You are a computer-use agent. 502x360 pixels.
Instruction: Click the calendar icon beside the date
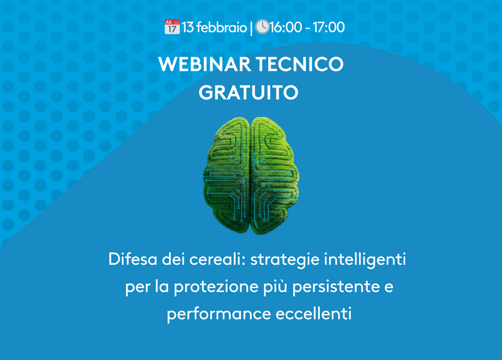click(172, 27)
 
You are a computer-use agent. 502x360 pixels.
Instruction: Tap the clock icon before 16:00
click(262, 27)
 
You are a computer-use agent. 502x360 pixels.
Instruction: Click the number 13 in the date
click(188, 27)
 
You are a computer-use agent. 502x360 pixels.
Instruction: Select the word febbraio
click(221, 27)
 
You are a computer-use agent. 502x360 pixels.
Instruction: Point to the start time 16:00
click(286, 27)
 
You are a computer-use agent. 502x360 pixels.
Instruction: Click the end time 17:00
click(328, 27)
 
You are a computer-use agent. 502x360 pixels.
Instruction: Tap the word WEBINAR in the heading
click(204, 64)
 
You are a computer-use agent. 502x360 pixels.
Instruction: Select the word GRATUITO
click(249, 93)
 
